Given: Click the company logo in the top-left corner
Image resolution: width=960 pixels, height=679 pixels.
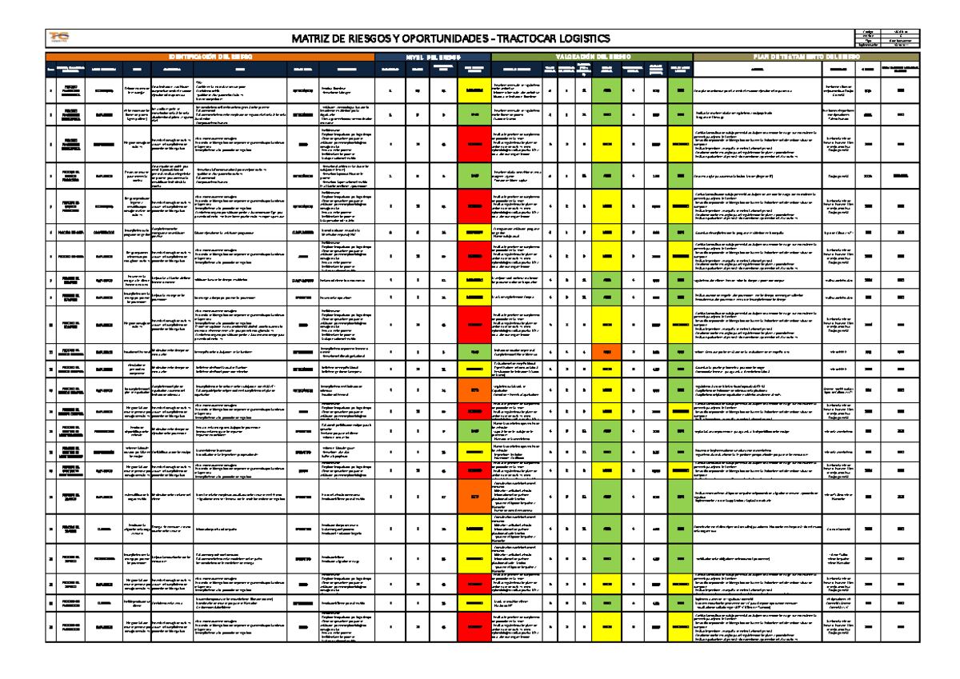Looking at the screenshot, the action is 58,38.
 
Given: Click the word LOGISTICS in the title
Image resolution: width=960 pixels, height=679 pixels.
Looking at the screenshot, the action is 586,39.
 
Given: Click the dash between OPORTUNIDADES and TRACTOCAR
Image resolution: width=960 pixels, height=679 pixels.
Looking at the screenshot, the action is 496,39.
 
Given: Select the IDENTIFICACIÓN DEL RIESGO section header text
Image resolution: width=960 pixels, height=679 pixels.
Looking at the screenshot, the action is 210,58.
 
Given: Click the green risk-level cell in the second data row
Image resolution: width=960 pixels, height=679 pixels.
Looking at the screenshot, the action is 474,115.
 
